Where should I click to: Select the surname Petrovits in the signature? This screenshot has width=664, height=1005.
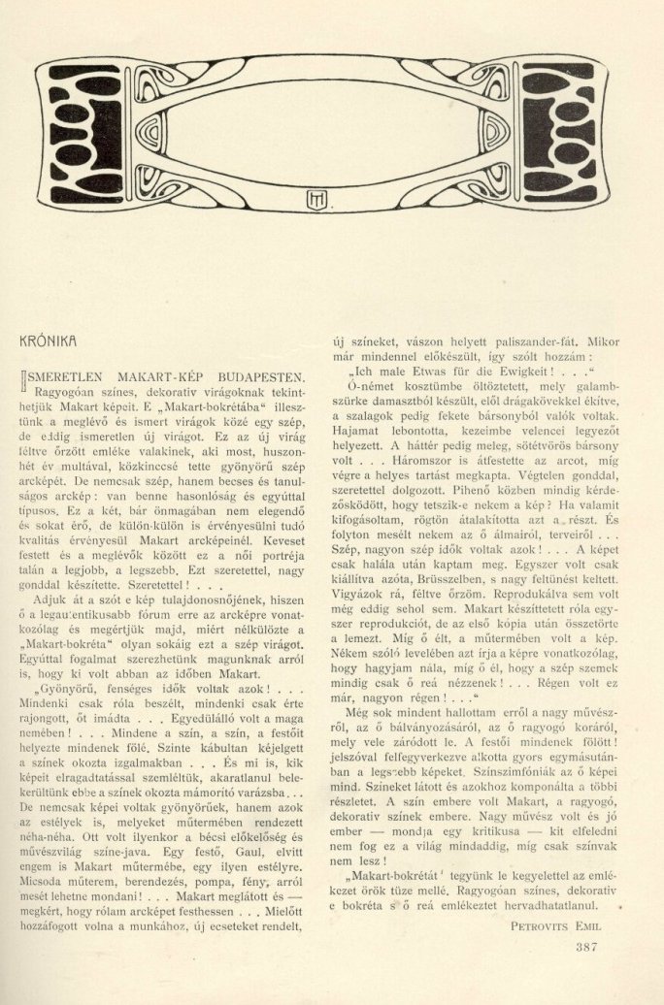coord(545,924)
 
